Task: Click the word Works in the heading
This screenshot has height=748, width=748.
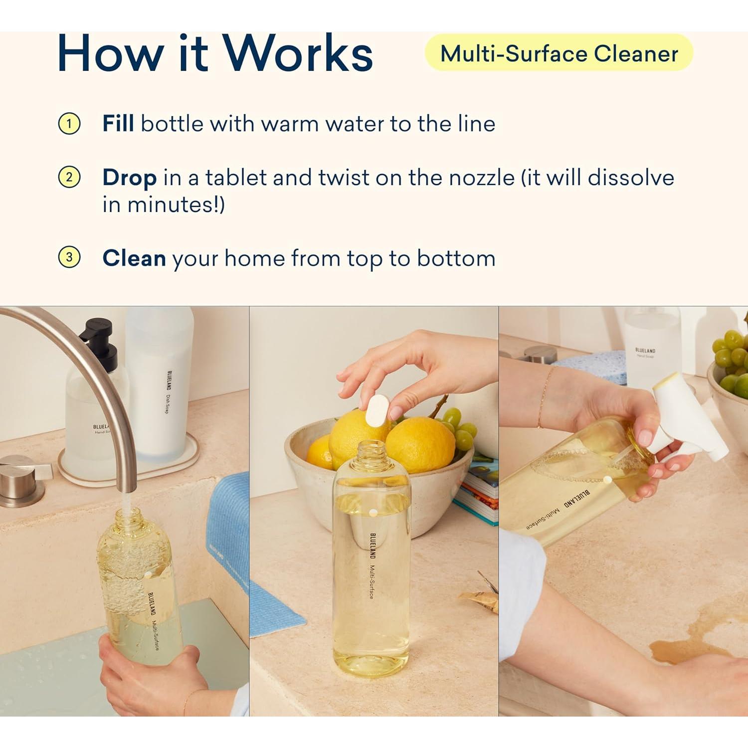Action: pyautogui.click(x=298, y=54)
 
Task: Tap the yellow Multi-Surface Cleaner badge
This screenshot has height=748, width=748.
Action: pyautogui.click(x=559, y=53)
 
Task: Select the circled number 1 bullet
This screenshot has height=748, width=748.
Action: pyautogui.click(x=69, y=124)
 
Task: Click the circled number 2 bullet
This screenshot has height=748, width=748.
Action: pyautogui.click(x=69, y=178)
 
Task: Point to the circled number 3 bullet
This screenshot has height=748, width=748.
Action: pyautogui.click(x=69, y=257)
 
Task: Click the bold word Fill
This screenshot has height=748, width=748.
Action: pyautogui.click(x=118, y=124)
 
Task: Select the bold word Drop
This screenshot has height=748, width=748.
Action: pyautogui.click(x=129, y=178)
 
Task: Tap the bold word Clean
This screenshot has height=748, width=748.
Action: pyautogui.click(x=134, y=258)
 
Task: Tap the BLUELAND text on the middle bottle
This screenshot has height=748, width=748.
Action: pyautogui.click(x=373, y=546)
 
